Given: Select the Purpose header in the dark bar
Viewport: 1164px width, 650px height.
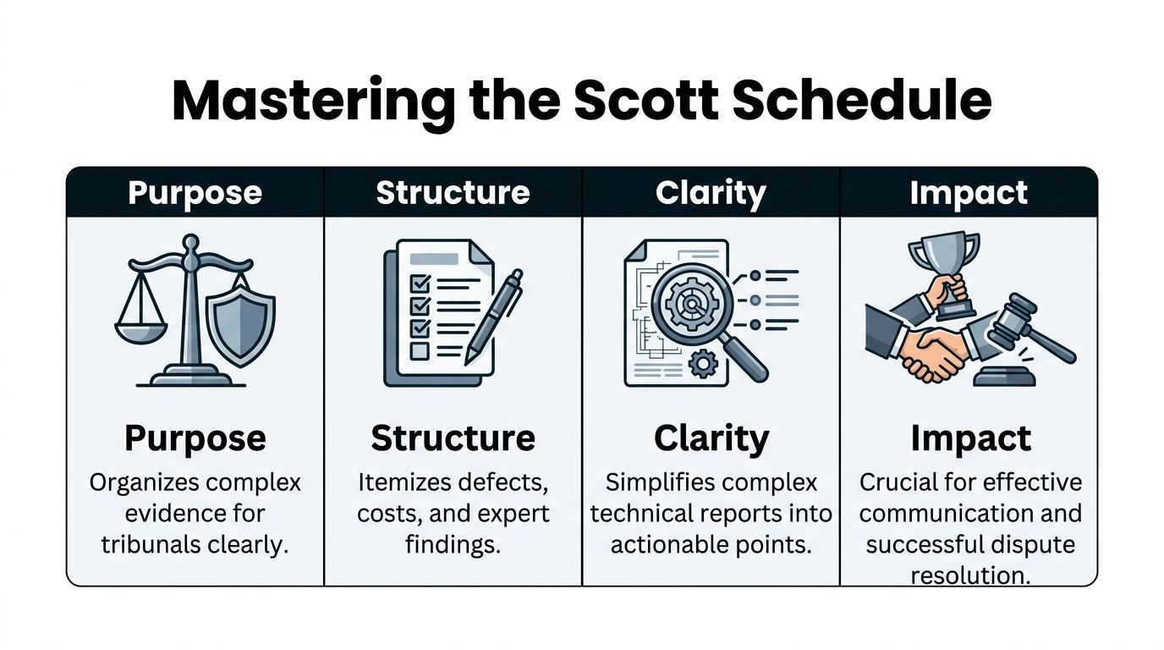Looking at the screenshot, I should (x=195, y=193).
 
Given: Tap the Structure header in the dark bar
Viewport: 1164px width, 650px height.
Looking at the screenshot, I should (x=453, y=193).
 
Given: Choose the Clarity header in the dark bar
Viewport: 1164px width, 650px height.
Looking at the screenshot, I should (x=711, y=193).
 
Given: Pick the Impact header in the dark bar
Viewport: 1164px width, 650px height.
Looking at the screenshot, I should (x=969, y=193).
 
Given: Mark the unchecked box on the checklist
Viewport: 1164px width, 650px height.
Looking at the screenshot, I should (x=420, y=350).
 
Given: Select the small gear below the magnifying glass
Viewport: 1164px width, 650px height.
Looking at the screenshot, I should (x=703, y=365).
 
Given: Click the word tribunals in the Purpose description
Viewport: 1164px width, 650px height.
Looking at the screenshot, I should (x=140, y=544).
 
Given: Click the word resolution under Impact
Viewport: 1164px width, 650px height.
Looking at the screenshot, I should (x=969, y=576).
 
